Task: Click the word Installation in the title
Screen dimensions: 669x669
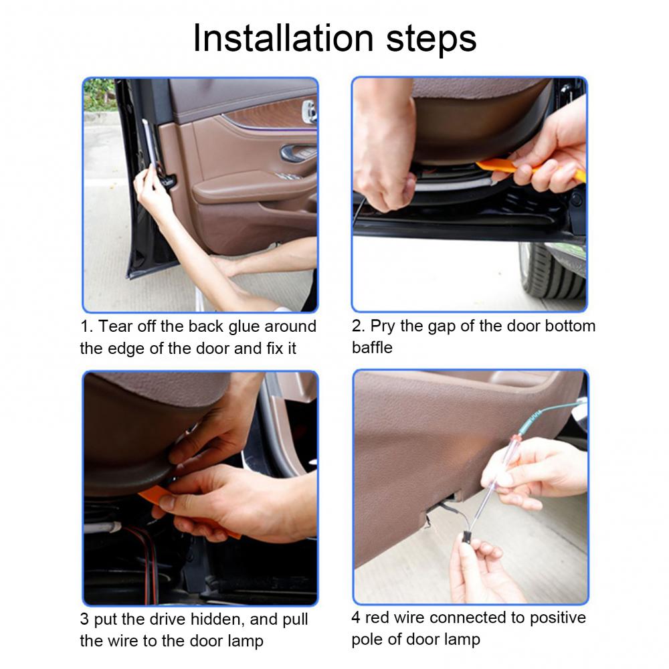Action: [x=284, y=38]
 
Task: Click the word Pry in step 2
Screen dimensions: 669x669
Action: [x=383, y=326]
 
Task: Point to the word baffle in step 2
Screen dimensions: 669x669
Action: [x=372, y=347]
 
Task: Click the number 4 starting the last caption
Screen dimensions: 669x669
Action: [x=356, y=617]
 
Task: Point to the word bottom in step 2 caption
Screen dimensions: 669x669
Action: [x=569, y=326]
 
